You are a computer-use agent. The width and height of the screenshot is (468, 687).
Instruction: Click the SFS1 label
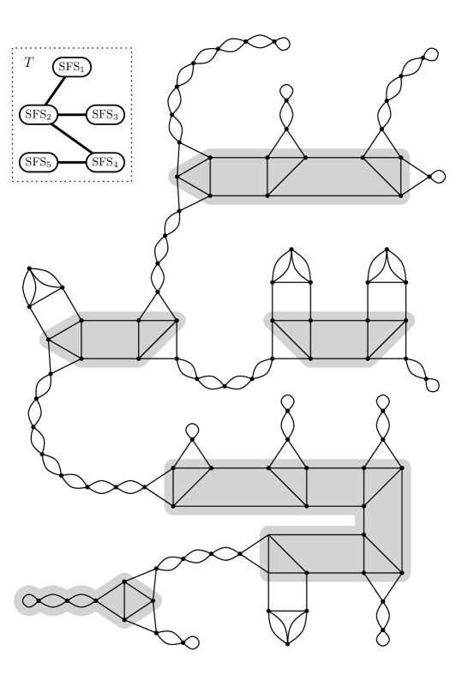(x=71, y=67)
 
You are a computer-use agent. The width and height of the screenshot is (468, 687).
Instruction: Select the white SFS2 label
(x=38, y=114)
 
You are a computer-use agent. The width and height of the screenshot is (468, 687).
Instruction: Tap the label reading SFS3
(x=105, y=114)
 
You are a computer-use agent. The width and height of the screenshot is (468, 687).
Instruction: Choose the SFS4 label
(x=105, y=162)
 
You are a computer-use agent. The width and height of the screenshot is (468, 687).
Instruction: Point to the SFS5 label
(x=38, y=162)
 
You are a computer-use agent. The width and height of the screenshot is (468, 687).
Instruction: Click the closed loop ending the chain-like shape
(x=30, y=600)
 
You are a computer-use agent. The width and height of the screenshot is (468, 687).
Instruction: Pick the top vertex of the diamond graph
(x=124, y=582)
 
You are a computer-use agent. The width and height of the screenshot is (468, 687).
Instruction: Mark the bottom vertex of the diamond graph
(x=124, y=619)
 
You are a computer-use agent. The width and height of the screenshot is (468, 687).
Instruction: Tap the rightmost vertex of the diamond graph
(x=153, y=600)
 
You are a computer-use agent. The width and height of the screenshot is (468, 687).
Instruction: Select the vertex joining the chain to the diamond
(x=95, y=600)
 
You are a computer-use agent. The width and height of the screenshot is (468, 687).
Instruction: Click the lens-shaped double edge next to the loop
(x=52, y=600)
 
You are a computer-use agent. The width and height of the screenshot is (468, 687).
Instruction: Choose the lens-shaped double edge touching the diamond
(x=81, y=600)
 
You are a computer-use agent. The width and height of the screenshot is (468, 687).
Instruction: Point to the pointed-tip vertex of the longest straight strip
(x=177, y=177)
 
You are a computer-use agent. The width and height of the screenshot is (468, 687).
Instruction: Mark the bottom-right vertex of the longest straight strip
(x=400, y=196)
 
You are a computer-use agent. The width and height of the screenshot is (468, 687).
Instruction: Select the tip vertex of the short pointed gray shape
(x=48, y=340)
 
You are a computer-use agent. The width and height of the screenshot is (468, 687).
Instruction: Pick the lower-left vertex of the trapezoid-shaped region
(x=310, y=359)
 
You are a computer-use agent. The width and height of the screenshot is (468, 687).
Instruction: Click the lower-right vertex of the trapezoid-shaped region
(x=368, y=359)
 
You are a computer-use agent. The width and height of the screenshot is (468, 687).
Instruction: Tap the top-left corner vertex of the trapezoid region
(x=273, y=321)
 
